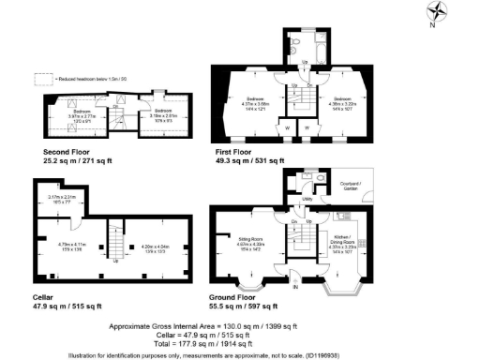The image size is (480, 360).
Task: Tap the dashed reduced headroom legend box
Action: click(x=40, y=79)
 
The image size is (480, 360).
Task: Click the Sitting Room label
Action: click(x=250, y=241)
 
